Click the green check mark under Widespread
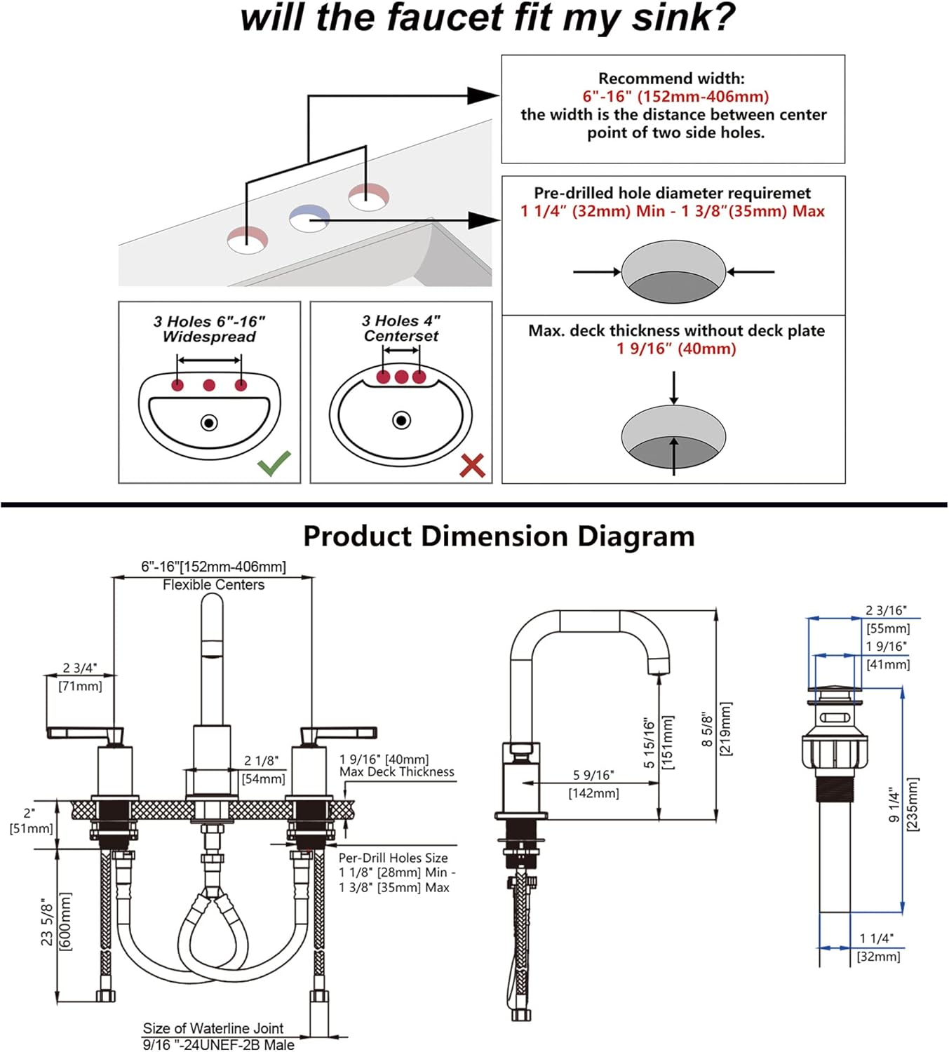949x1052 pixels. coord(274,464)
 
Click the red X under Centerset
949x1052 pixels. coord(472,465)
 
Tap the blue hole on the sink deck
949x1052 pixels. coord(309,217)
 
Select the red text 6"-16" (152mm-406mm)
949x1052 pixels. coord(675,97)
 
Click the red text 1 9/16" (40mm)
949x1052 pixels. coord(675,349)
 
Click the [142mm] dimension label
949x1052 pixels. coord(593,793)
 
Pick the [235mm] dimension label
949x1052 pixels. coord(912,804)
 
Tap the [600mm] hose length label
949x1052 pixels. coord(65,921)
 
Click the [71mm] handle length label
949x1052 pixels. coord(80,686)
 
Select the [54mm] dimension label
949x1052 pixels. coord(263,778)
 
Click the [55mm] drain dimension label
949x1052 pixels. coord(888,628)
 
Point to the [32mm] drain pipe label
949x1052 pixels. coord(878,957)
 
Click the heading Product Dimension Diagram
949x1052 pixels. coord(499,537)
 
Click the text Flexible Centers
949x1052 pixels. coord(213,585)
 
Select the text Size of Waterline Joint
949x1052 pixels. coord(213,1028)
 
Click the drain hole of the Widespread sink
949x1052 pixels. coord(209,423)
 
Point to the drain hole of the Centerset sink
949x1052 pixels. coord(401,420)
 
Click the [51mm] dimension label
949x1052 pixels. coord(31,828)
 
